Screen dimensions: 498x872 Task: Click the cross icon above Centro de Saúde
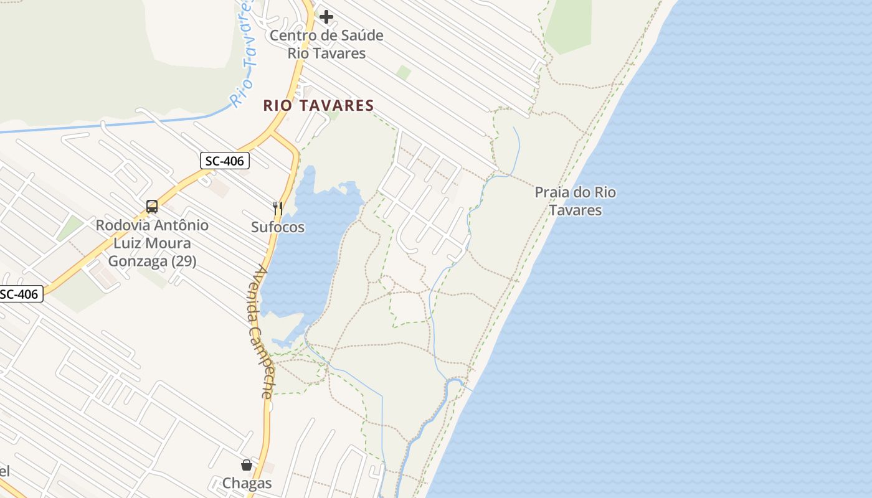click(x=326, y=17)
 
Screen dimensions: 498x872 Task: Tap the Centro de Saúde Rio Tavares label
click(x=326, y=44)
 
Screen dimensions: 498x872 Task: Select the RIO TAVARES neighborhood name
click(x=318, y=106)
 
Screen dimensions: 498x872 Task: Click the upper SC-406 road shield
click(x=225, y=161)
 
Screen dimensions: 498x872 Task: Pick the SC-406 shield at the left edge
click(x=20, y=294)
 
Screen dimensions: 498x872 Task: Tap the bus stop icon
click(x=151, y=207)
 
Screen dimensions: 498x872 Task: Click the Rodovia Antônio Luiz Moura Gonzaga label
click(x=152, y=243)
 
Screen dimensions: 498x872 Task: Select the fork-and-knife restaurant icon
click(x=278, y=209)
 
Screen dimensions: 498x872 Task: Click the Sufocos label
click(x=278, y=227)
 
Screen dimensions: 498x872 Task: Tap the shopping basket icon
click(x=247, y=465)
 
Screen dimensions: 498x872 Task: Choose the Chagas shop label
click(x=247, y=483)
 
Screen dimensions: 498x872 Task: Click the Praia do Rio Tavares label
click(x=575, y=201)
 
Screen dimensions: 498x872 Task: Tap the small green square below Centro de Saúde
click(x=404, y=73)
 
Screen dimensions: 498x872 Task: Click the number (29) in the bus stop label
click(x=183, y=261)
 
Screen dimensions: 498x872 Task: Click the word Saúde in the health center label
click(x=360, y=35)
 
